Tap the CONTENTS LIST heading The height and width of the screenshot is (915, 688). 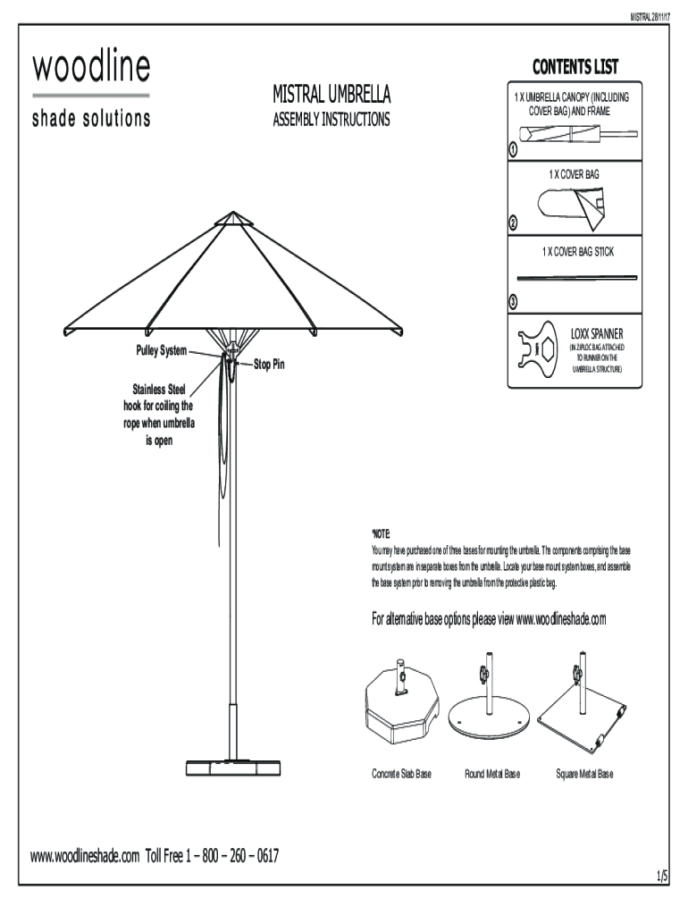pyautogui.click(x=575, y=68)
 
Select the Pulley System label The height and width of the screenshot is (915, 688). pyautogui.click(x=161, y=350)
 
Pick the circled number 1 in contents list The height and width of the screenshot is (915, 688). pyautogui.click(x=513, y=148)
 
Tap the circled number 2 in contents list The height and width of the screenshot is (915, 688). pyautogui.click(x=513, y=223)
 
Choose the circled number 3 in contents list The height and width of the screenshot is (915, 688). pyautogui.click(x=513, y=299)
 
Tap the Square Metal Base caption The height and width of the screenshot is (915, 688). pyautogui.click(x=581, y=774)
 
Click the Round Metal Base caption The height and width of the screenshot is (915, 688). pyautogui.click(x=491, y=774)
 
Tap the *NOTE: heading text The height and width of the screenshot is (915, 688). pyautogui.click(x=382, y=533)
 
